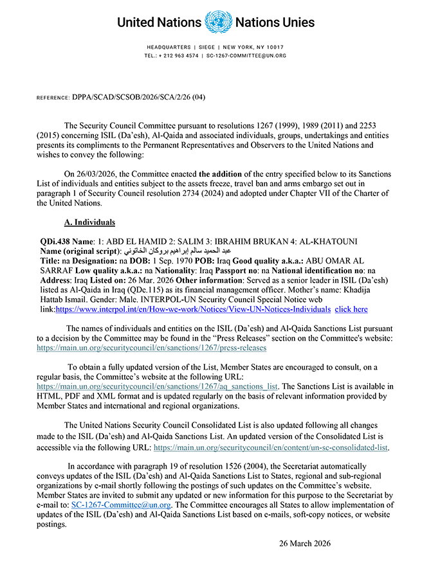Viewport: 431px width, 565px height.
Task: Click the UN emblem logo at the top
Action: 217,22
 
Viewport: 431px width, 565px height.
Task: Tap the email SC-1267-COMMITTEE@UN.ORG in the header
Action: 246,56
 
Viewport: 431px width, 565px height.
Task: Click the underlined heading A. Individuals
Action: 89,222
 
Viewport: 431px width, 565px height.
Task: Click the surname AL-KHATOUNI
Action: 323,241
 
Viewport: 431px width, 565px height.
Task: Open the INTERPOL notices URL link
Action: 192,309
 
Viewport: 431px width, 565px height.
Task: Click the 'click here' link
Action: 351,309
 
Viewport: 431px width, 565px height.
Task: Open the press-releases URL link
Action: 152,348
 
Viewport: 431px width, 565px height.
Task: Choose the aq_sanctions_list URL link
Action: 158,386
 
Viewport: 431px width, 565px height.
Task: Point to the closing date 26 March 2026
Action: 304,543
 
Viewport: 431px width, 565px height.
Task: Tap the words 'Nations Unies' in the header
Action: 275,22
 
